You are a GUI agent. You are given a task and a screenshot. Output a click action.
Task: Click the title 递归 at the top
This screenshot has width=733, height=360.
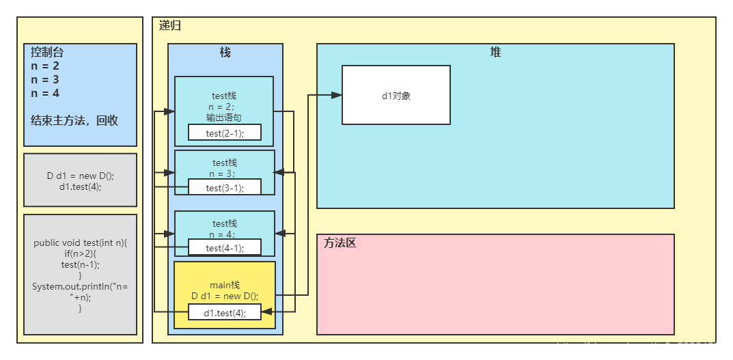[170, 26]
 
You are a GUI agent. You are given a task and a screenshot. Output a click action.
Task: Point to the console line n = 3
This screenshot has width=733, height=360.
[45, 80]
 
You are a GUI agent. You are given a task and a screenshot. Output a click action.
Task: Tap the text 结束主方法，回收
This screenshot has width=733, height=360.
[74, 120]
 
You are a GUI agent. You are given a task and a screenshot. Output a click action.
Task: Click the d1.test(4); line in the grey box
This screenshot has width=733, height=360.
[80, 186]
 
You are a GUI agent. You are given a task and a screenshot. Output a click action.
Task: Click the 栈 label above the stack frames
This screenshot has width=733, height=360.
[225, 53]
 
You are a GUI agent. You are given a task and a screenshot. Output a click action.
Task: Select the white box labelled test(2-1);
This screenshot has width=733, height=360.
[225, 133]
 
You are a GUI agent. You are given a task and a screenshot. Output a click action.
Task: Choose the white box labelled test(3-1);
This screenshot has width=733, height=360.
[225, 187]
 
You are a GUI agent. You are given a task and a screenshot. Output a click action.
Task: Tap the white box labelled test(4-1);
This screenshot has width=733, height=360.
[225, 247]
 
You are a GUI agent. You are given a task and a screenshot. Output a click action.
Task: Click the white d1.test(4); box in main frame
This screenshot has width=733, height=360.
[225, 312]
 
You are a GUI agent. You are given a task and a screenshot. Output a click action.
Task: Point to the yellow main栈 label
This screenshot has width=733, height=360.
[225, 285]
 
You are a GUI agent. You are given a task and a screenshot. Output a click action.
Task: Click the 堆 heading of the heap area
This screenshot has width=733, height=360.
[495, 53]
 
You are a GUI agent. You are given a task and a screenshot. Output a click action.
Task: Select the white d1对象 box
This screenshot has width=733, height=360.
[396, 95]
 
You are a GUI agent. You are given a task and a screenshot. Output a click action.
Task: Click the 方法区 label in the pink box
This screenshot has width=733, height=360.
[340, 243]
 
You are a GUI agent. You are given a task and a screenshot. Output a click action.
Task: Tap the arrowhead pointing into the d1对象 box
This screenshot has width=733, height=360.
[336, 96]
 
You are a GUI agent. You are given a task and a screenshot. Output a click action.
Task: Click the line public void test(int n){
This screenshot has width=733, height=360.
[80, 243]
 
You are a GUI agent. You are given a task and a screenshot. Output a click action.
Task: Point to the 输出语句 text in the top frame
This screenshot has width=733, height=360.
[225, 117]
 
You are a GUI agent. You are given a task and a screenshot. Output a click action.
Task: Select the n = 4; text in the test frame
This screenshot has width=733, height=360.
[225, 234]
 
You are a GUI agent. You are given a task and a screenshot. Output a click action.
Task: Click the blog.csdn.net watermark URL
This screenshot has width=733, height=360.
[641, 348]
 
